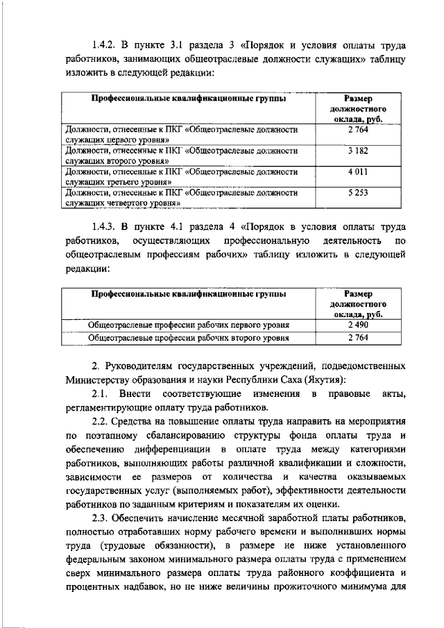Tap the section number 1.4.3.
pyautogui.click(x=109, y=226)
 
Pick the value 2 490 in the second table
pyautogui.click(x=359, y=325)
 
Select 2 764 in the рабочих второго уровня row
pyautogui.click(x=359, y=339)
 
